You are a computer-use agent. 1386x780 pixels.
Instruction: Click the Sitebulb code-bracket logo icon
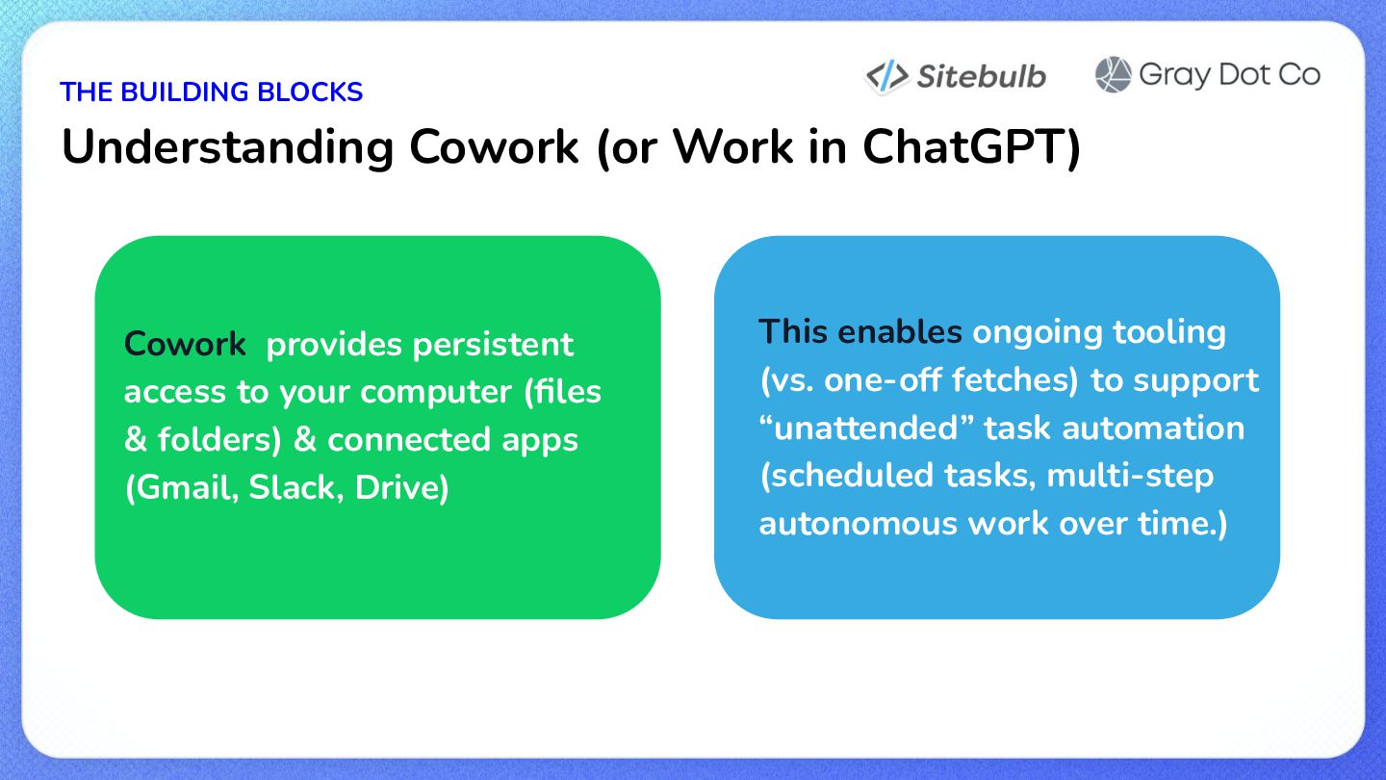(886, 77)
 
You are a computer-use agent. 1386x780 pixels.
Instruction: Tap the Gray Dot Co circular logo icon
(1113, 75)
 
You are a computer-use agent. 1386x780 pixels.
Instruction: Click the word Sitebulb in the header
(982, 77)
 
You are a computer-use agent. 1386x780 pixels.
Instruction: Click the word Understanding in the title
(228, 148)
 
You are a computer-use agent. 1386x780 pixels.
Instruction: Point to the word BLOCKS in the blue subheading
(310, 92)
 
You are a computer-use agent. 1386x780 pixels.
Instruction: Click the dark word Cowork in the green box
(185, 344)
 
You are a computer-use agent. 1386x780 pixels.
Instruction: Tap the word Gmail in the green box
(183, 488)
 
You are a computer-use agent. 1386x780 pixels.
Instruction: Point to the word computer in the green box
(436, 393)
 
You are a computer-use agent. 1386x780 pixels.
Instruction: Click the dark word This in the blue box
(793, 331)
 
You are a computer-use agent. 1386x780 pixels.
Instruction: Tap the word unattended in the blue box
(866, 428)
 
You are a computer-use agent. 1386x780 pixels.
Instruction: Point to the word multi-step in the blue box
(1130, 476)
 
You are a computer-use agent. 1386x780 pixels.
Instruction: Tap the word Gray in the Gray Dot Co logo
(1174, 76)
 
